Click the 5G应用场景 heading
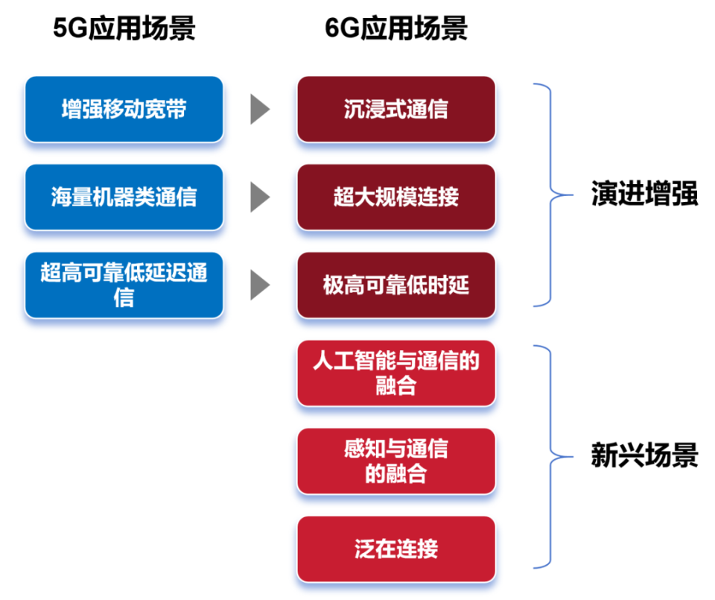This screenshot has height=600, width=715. [x=124, y=29]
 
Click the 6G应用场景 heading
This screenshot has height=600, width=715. [x=396, y=29]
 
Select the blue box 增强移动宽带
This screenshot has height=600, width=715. [x=124, y=109]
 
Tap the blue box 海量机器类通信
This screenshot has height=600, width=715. [x=124, y=197]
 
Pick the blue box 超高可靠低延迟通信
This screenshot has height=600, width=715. [x=124, y=285]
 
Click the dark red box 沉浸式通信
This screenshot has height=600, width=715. [x=396, y=109]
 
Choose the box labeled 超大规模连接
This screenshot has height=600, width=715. [x=396, y=197]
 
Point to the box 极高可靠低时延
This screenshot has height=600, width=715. [x=396, y=285]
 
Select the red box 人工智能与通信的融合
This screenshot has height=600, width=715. [x=396, y=373]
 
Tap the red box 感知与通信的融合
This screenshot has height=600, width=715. [x=396, y=461]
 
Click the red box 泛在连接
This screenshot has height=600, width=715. [x=396, y=549]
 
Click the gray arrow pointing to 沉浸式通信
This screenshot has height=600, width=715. [x=259, y=109]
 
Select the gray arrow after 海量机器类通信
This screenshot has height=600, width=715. [x=259, y=197]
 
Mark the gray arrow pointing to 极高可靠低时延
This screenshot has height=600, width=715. [x=259, y=285]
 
